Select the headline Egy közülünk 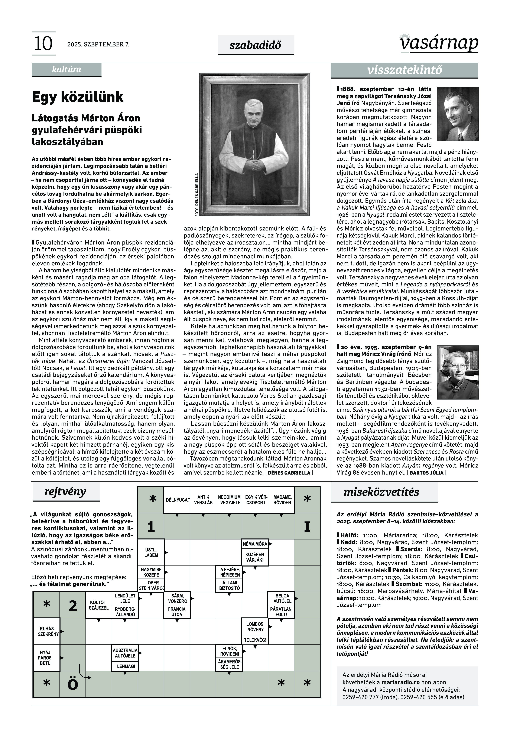pos(78,97)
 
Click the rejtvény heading pos(65,492)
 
